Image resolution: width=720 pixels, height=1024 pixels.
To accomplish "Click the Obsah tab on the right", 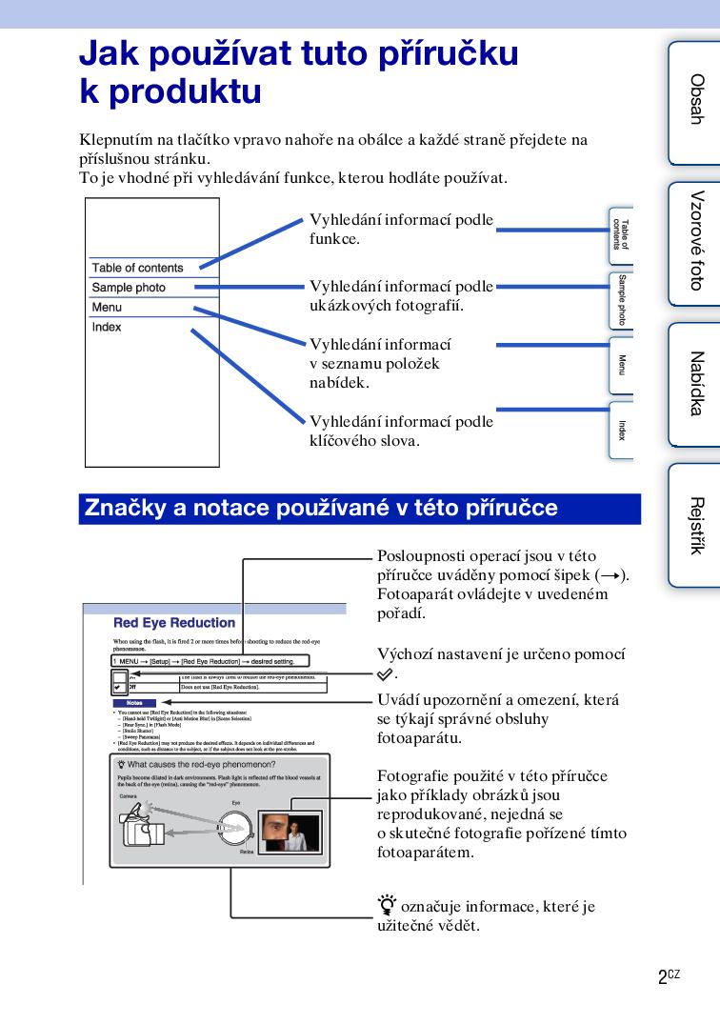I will (694, 101).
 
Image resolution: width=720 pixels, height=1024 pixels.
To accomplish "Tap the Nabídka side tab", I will (694, 383).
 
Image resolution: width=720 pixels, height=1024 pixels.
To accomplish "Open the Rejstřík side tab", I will (694, 525).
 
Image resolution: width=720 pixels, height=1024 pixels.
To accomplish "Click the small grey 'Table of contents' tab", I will (621, 234).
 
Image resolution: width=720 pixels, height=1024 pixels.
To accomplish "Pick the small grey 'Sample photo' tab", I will (621, 299).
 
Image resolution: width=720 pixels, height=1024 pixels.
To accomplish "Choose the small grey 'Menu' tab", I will (621, 365).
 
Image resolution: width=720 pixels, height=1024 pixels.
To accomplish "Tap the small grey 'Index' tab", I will (621, 431).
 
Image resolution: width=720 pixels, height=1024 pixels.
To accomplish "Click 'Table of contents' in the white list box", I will (137, 268).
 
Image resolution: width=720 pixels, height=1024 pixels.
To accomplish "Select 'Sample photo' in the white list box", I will (129, 288).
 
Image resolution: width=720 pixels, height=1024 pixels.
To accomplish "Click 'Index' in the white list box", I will (107, 328).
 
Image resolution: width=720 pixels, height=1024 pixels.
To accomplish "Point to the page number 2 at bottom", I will (662, 978).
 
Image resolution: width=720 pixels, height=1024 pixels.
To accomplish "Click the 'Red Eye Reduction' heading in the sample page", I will (174, 623).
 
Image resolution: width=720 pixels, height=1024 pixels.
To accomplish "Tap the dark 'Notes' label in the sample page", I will (134, 703).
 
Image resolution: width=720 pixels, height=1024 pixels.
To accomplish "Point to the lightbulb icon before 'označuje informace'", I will (387, 906).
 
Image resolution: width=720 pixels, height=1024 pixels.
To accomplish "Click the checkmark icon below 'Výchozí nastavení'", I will (384, 673).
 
